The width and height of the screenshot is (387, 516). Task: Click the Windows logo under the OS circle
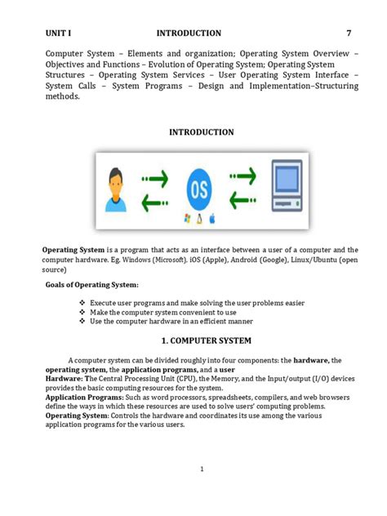pyautogui.click(x=187, y=219)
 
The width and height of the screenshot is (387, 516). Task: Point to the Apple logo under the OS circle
pyautogui.click(x=211, y=219)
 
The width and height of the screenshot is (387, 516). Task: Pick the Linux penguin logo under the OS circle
pyautogui.click(x=199, y=219)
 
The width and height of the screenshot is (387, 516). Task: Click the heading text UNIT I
pyautogui.click(x=59, y=33)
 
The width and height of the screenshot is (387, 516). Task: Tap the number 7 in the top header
pyautogui.click(x=349, y=33)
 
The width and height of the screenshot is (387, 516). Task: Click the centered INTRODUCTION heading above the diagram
pyautogui.click(x=201, y=132)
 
